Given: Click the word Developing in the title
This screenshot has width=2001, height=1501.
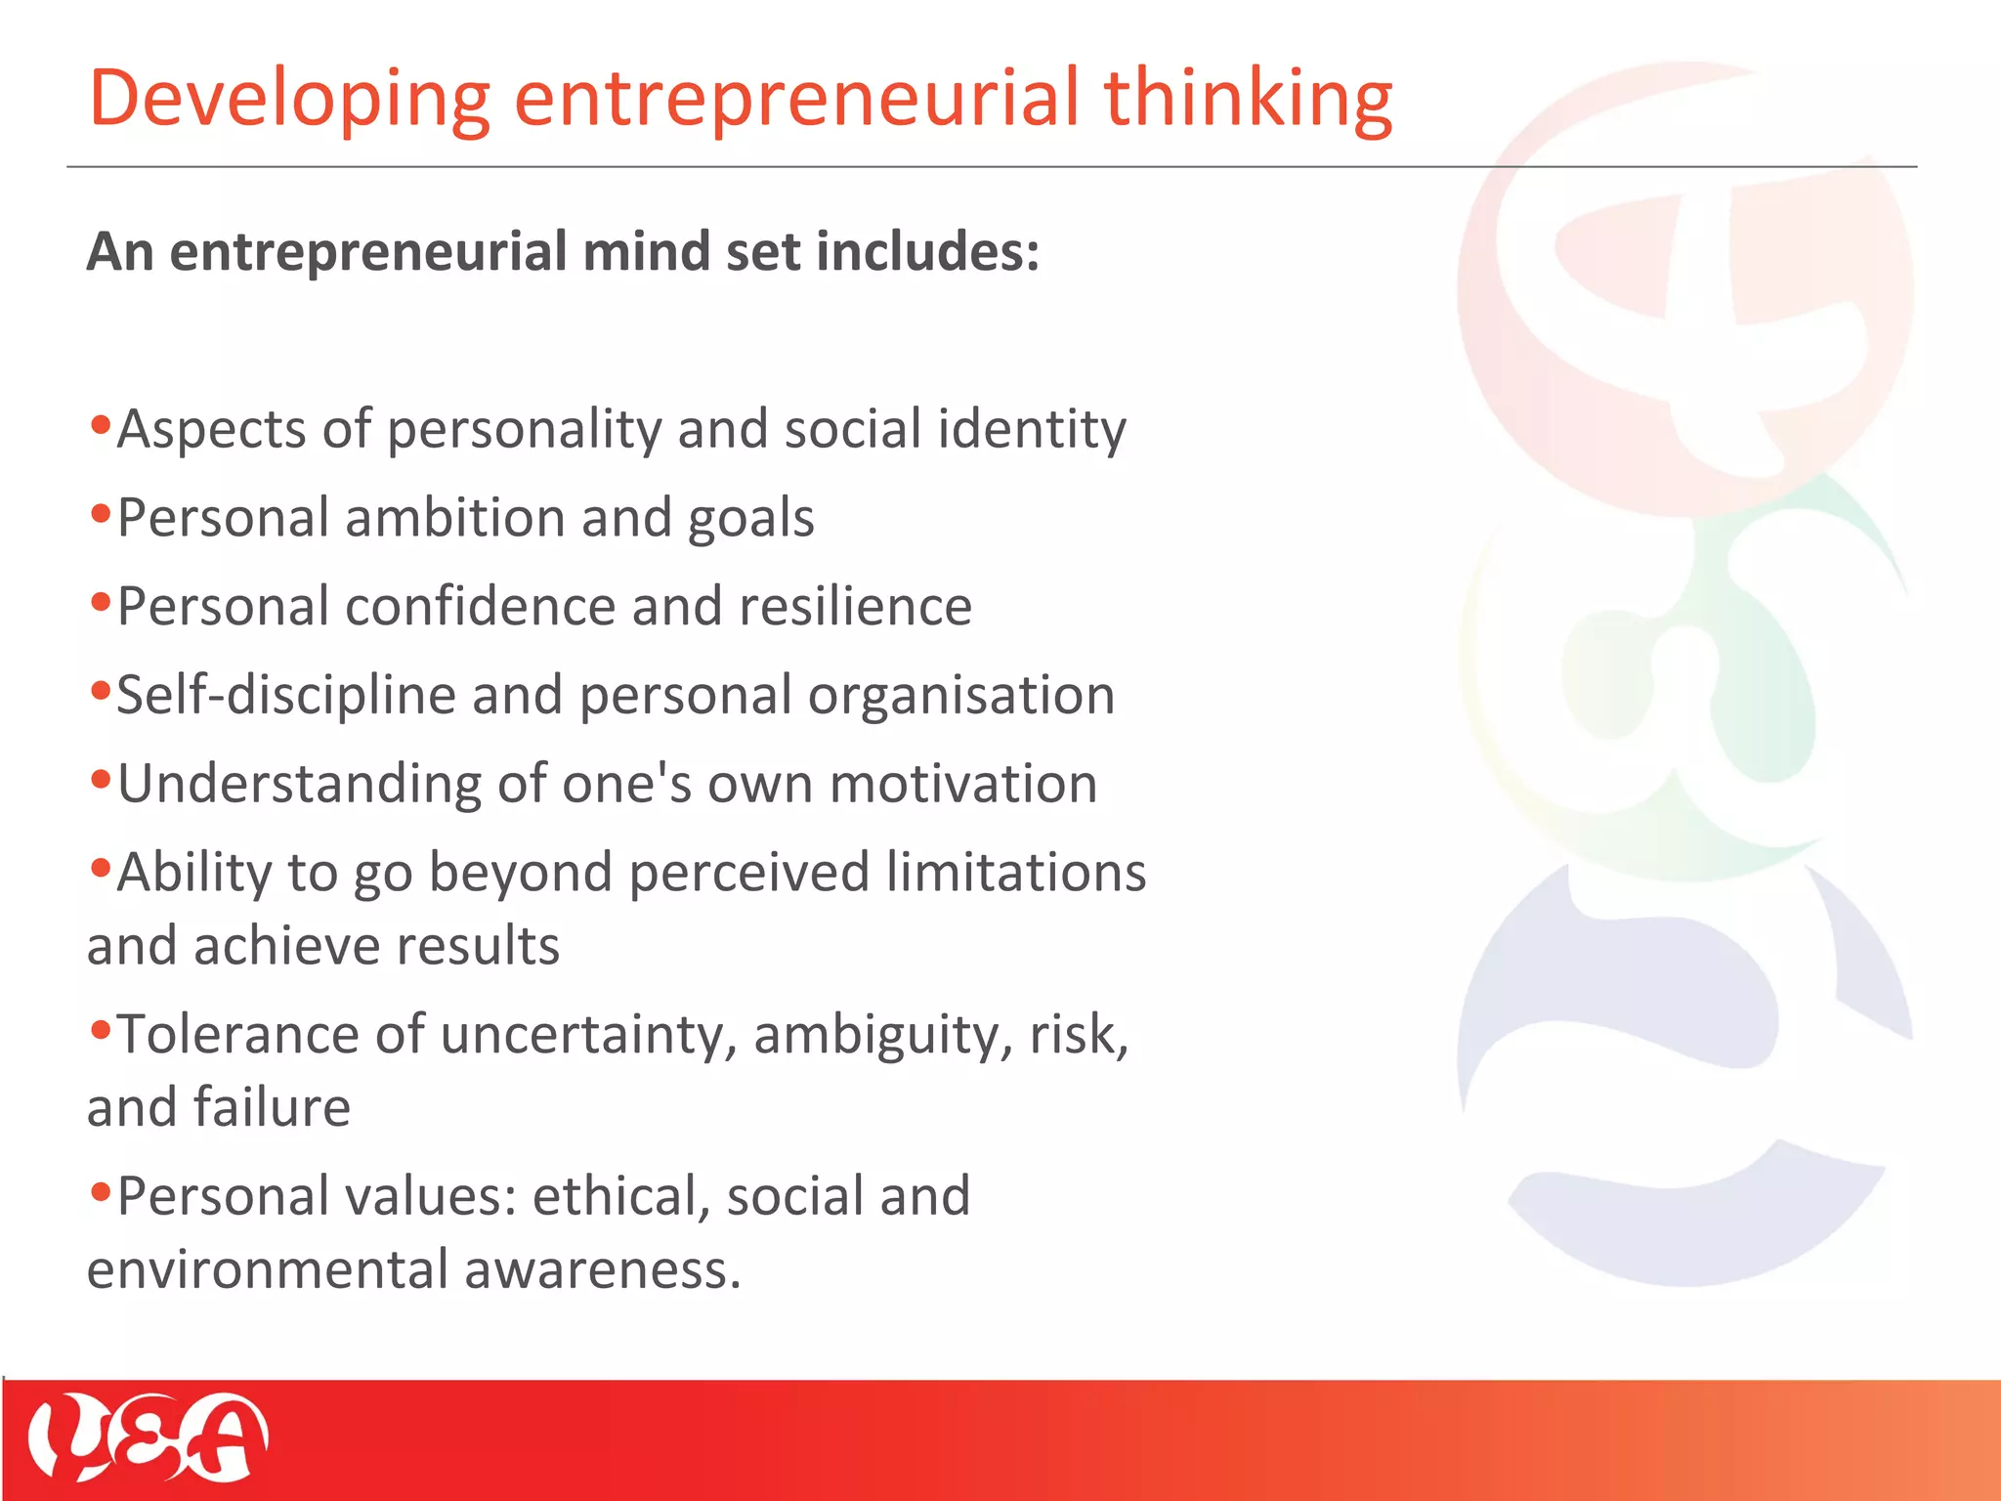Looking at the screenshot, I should tap(289, 100).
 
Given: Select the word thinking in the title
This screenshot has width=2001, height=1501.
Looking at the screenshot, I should tap(1248, 100).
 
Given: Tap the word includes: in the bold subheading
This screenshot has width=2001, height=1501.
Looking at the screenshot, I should tap(928, 252).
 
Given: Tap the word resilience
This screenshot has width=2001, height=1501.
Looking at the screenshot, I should tap(856, 607).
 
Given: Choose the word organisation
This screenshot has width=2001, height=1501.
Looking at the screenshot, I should tap(961, 696).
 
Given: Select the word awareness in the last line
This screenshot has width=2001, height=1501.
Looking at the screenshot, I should tap(602, 1270).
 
